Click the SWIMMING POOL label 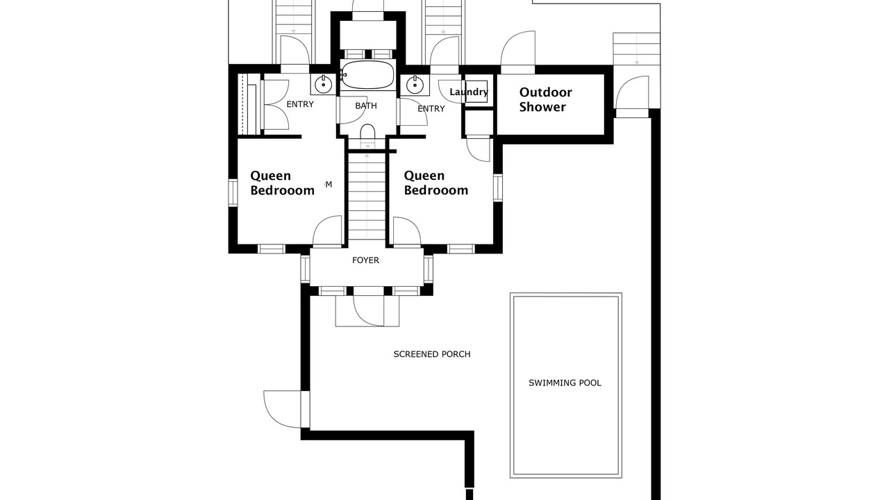(x=565, y=383)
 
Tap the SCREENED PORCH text (x=432, y=354)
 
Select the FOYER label (x=365, y=260)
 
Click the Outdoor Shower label (x=545, y=99)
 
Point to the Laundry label (x=469, y=92)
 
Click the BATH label (x=366, y=106)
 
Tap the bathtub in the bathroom (x=367, y=74)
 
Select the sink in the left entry (x=324, y=85)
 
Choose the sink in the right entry (x=415, y=85)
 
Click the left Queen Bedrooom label (x=282, y=183)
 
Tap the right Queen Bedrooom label (x=435, y=183)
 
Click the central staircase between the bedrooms (x=367, y=197)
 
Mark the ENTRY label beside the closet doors (x=300, y=104)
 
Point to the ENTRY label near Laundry (x=431, y=109)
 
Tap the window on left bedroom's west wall (x=233, y=192)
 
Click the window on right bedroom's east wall (x=498, y=187)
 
